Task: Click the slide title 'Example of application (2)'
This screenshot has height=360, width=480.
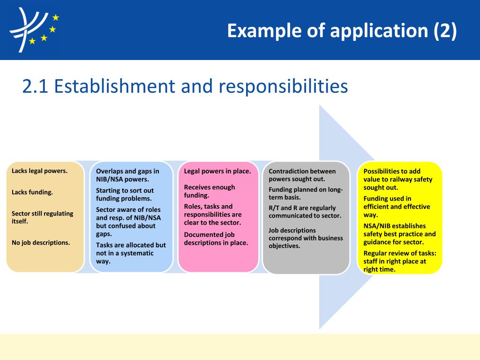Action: pos(342,31)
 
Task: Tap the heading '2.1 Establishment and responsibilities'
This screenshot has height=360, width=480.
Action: pos(185,86)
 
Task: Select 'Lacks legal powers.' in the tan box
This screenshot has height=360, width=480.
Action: pos(39,171)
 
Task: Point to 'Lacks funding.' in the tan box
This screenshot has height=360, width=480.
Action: pos(32,192)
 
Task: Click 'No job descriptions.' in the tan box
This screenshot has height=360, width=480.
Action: pos(41,242)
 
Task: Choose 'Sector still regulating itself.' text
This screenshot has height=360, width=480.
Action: pos(42,217)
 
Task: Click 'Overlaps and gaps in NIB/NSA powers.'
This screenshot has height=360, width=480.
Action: pos(127,175)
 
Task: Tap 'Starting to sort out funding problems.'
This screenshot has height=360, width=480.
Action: pos(125,195)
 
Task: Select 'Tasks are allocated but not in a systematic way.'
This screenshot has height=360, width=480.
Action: pos(131,253)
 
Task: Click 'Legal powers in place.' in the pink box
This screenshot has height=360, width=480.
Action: pos(217,171)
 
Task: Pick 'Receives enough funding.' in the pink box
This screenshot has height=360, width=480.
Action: pos(210,191)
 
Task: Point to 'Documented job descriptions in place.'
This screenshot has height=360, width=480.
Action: pos(216,239)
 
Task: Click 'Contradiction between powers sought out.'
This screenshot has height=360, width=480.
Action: pos(302,175)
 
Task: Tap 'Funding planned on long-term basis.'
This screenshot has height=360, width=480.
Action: pos(306,193)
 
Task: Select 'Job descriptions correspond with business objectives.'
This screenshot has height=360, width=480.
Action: pos(306,238)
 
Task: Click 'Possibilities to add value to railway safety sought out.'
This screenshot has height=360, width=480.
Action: pos(398,179)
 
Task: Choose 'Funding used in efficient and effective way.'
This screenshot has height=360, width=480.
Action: pos(397,207)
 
